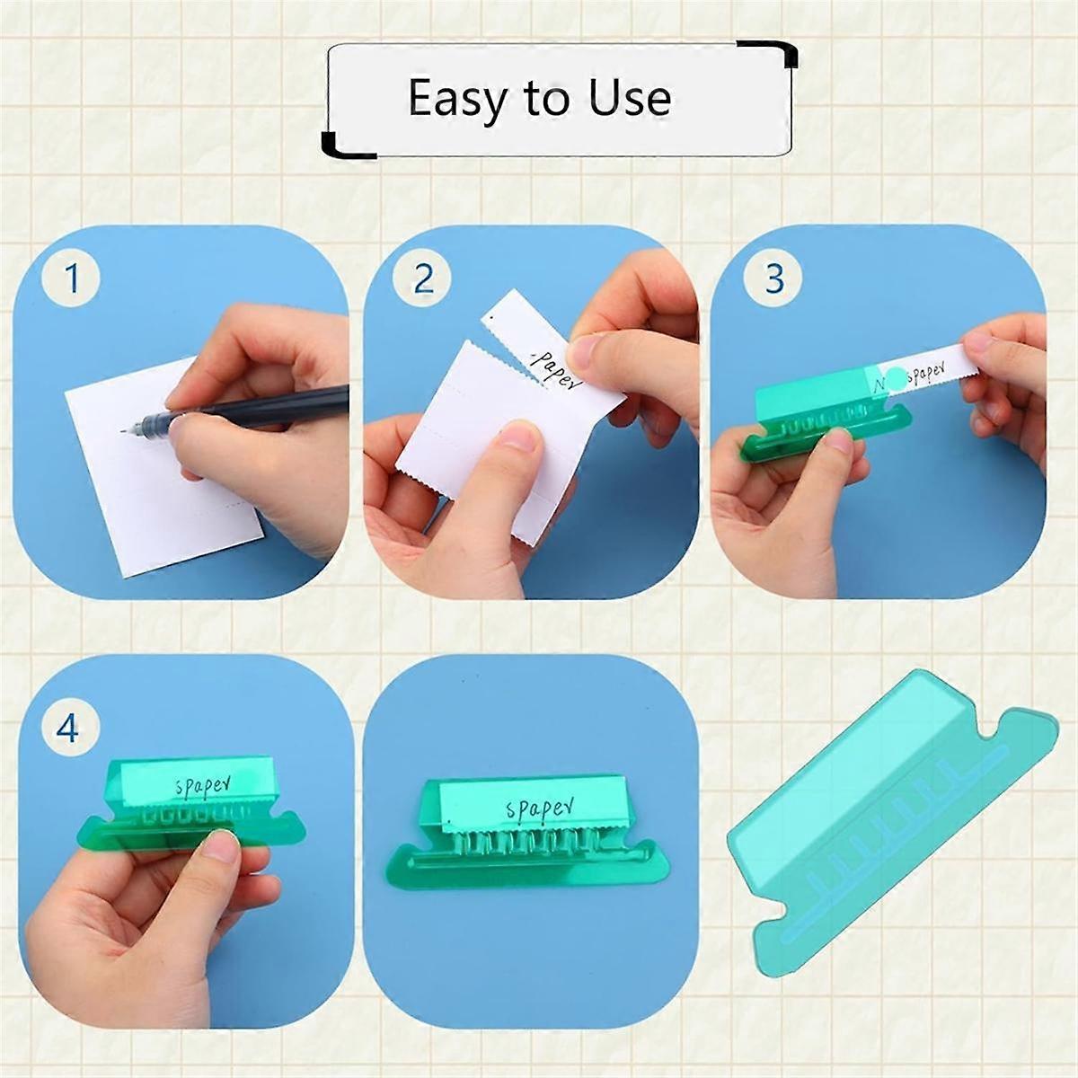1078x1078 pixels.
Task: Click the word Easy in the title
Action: [457, 98]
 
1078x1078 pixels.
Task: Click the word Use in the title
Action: [630, 98]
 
